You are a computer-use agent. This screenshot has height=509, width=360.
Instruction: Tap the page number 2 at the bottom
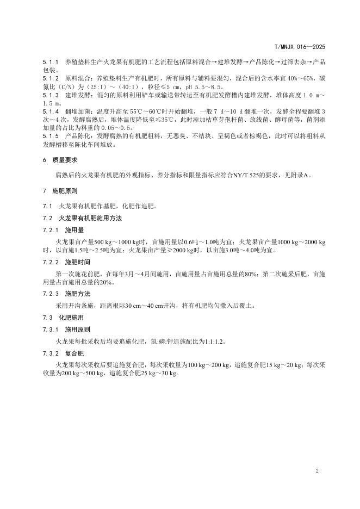(x=316, y=470)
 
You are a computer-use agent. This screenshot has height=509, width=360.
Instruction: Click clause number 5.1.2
(x=51, y=79)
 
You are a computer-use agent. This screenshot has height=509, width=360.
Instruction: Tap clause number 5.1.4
(x=51, y=110)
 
